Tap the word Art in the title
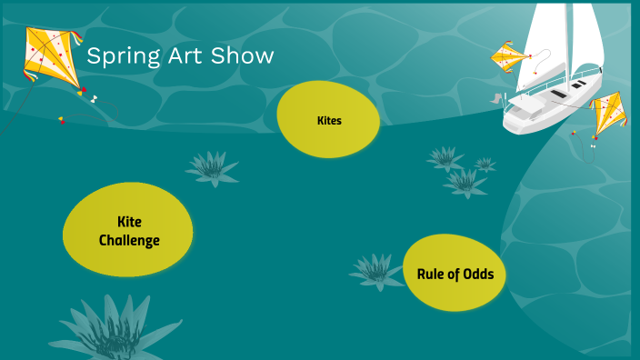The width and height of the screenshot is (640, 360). click(x=175, y=56)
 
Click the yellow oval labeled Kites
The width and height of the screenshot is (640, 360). click(x=328, y=120)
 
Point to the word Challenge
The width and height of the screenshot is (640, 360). click(x=129, y=241)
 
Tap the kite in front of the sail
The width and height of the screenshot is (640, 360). click(x=511, y=58)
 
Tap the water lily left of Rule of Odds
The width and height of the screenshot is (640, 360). click(x=375, y=270)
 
